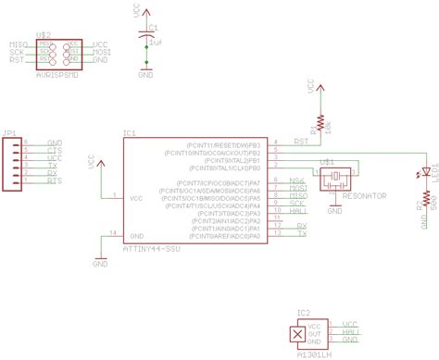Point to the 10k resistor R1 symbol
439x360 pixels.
point(320,121)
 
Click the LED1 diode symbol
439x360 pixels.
point(425,171)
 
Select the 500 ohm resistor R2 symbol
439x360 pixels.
point(425,201)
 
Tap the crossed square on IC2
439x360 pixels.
point(296,335)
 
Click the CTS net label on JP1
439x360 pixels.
point(53,150)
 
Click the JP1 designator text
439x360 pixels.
point(9,132)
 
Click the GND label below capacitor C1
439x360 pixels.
point(146,75)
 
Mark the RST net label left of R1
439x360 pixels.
point(300,140)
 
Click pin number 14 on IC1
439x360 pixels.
point(113,231)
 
